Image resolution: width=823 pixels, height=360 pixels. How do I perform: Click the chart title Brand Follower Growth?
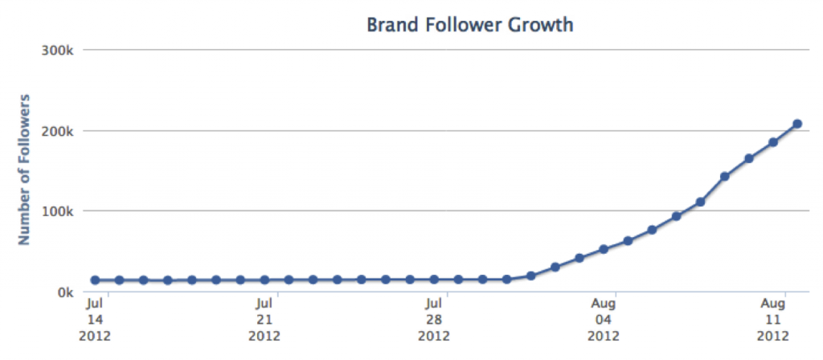(469, 25)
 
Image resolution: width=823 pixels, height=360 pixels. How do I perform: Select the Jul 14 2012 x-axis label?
(94, 319)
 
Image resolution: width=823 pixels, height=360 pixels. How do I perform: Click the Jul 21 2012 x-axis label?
(264, 319)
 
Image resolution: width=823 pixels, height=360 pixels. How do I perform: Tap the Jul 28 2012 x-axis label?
(434, 319)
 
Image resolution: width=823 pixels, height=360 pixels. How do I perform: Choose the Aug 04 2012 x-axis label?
(604, 319)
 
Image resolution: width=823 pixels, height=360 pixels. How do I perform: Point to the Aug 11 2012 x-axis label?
(773, 319)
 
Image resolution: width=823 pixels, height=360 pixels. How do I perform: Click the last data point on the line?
(797, 124)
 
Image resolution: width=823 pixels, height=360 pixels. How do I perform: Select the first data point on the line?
(95, 280)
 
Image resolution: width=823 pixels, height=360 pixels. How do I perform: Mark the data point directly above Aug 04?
(604, 249)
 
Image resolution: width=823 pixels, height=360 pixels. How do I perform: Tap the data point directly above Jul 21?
(264, 280)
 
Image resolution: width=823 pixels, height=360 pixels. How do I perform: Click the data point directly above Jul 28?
(434, 280)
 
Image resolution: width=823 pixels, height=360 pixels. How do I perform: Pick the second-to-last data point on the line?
(773, 142)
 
